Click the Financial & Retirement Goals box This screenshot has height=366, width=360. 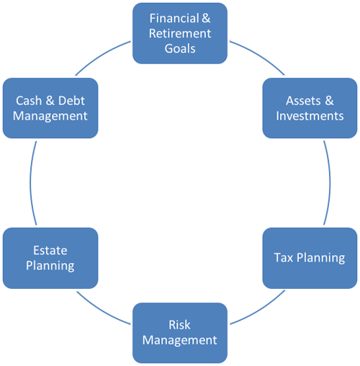click(x=180, y=33)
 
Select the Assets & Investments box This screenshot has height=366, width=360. click(x=310, y=108)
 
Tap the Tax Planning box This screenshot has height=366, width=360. click(x=310, y=258)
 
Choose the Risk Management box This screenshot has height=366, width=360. click(x=180, y=333)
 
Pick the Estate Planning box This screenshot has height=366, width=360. click(x=50, y=258)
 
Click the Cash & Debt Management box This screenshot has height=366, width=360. click(x=50, y=108)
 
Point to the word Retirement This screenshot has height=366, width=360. click(x=180, y=33)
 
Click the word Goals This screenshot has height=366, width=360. click(x=180, y=49)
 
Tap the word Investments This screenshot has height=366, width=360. click(x=310, y=116)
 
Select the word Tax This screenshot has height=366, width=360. click(x=284, y=258)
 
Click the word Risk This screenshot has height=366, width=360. click(x=179, y=325)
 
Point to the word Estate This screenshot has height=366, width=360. click(x=50, y=250)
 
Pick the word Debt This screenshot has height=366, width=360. click(x=71, y=100)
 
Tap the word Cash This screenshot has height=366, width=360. click(x=29, y=100)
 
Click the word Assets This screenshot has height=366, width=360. click(x=303, y=100)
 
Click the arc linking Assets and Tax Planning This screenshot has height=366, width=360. click(x=330, y=182)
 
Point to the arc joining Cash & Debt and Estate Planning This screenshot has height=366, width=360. click(x=30, y=182)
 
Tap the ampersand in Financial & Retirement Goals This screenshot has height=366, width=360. click(x=206, y=18)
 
